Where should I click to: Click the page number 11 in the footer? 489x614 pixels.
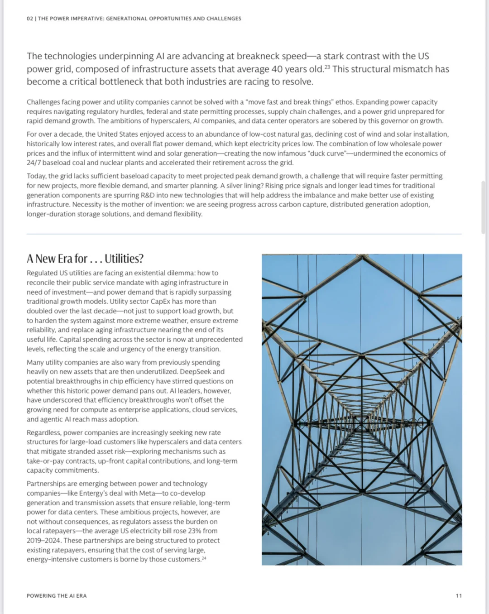coord(459,595)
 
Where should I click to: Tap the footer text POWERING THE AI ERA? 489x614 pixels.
coord(57,595)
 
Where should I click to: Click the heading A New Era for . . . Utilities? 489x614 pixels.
coord(85,259)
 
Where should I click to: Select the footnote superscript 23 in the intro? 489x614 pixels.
coord(327,67)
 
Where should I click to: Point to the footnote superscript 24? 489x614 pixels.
coord(204,557)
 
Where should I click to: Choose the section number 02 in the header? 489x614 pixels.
coord(29,19)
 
